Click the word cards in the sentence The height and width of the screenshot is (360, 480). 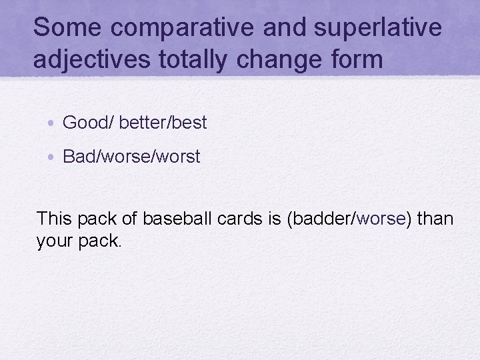[240, 218]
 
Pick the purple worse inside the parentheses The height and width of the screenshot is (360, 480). [381, 218]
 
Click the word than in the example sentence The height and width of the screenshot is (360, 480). [433, 218]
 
